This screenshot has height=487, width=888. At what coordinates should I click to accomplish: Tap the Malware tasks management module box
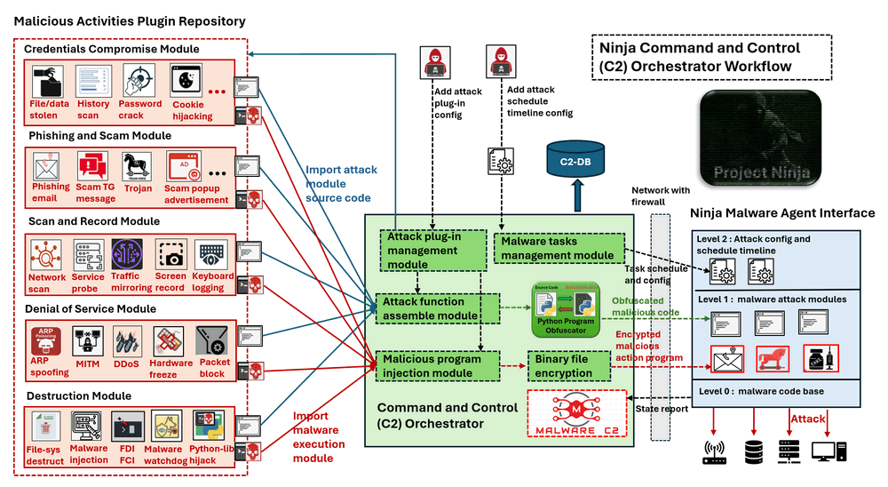[558, 248]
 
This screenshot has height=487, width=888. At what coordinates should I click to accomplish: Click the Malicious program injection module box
[431, 365]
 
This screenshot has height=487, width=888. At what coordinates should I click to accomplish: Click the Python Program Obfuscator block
[567, 309]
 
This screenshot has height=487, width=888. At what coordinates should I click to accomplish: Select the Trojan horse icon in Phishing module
[138, 166]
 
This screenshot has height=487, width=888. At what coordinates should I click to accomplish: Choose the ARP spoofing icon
[45, 341]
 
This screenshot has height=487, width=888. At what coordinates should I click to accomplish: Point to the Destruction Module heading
[80, 395]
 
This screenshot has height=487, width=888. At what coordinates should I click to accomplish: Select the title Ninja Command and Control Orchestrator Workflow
[710, 57]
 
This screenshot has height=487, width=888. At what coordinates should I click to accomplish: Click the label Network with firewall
[661, 196]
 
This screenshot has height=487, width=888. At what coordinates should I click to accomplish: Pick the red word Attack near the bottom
[808, 419]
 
